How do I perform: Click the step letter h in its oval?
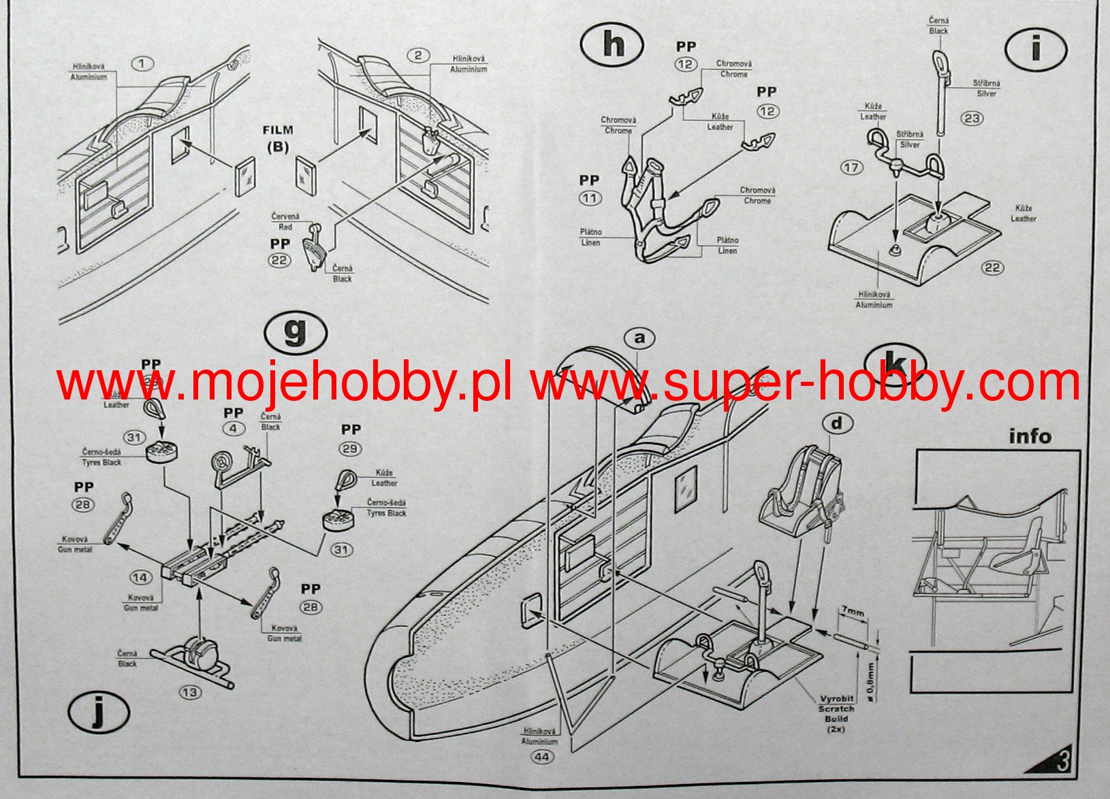coord(613,45)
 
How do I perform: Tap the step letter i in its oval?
coord(1035,48)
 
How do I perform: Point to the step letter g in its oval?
coord(296,333)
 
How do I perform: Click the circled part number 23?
coord(972,118)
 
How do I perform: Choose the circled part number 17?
coord(851,167)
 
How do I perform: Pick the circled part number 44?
coord(543,756)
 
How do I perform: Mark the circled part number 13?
coord(190,692)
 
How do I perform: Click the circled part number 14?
coord(141,578)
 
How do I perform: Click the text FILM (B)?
coord(278,138)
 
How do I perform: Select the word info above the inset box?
coord(1030,436)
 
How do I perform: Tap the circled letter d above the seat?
coord(836,423)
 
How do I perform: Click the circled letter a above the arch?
coord(639,338)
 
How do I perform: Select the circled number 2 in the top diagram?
coord(418,56)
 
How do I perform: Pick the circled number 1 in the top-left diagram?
coord(142,64)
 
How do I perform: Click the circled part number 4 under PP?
coord(233,429)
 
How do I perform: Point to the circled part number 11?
coord(590,199)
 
